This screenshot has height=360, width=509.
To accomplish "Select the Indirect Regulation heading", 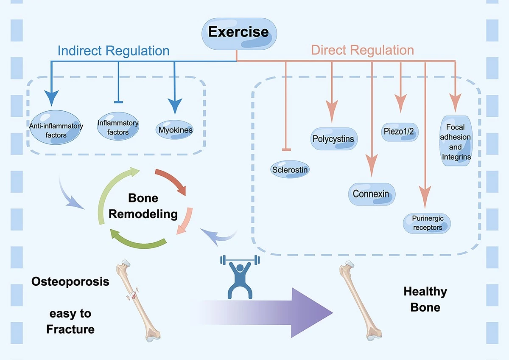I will pos(113,51).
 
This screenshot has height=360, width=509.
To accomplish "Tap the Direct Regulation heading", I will pos(362,50).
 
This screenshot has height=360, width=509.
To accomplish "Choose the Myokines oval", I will pos(175,129).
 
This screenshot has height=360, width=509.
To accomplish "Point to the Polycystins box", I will pos(333,139).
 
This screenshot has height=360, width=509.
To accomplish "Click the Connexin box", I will pos(371,194).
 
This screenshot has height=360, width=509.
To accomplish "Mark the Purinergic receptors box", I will pos(427,223).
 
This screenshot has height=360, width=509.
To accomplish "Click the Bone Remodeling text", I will pos(143,206).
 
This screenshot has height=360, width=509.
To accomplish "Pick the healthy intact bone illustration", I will pos(357,301).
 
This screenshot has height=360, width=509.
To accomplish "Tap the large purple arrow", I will pos(271,312).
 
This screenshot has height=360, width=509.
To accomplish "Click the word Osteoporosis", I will pos(70,281).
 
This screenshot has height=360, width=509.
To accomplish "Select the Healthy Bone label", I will pos(425,299).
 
